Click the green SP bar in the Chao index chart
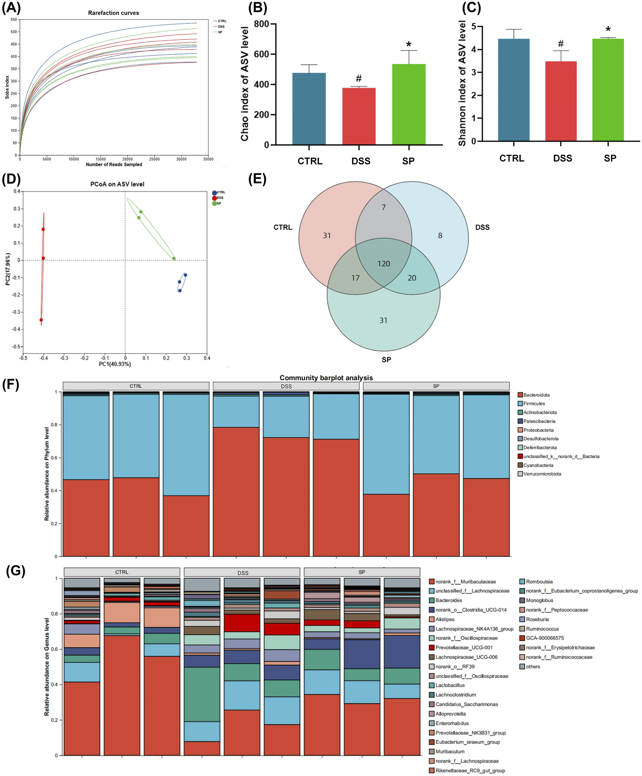point(408,104)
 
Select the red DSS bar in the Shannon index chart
point(560,101)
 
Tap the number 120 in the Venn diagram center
point(384,263)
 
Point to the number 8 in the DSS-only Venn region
point(440,235)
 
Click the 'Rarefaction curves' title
point(113,13)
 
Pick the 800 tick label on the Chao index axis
point(261,24)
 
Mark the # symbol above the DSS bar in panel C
point(560,44)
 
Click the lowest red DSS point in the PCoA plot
point(41,320)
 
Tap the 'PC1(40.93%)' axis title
point(114,364)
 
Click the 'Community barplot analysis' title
point(326,377)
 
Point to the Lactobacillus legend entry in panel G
point(450,685)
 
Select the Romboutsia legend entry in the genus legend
point(539,581)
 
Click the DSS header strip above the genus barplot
point(242,573)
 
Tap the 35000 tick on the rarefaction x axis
point(208,159)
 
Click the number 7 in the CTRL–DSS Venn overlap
point(384,207)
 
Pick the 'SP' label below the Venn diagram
point(386,359)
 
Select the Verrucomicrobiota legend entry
point(542,474)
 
